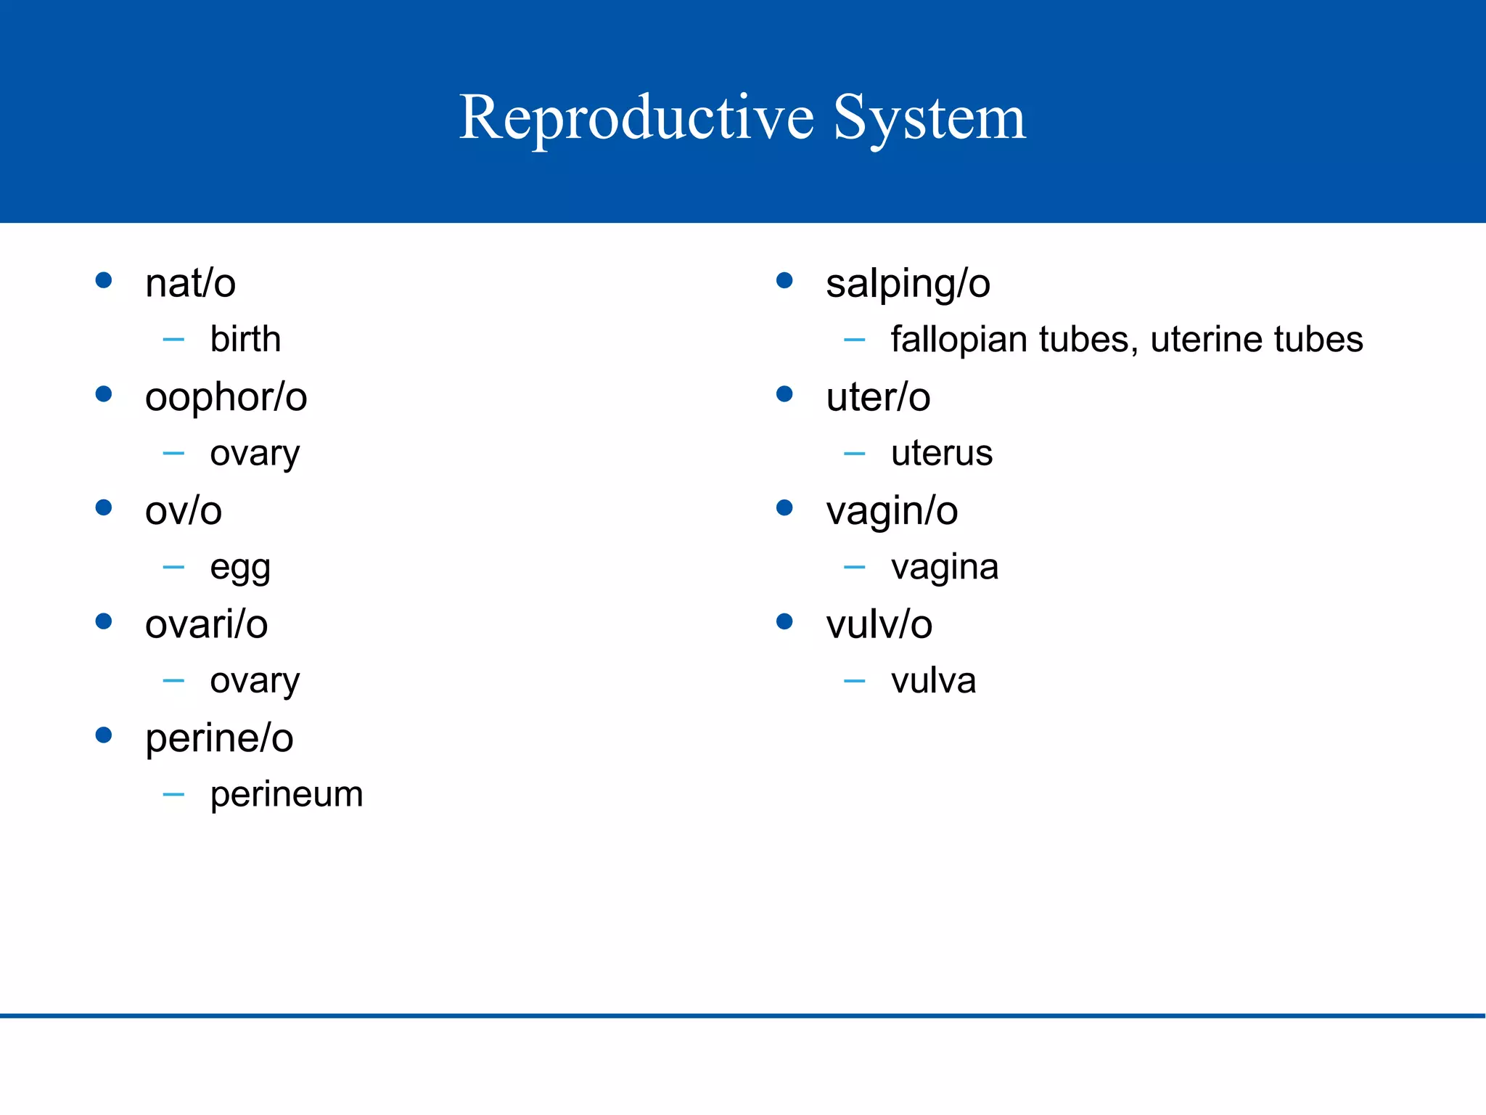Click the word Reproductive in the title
(x=637, y=118)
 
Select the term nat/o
(x=190, y=283)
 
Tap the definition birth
(x=245, y=339)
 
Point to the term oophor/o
(x=226, y=397)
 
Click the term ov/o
(x=183, y=511)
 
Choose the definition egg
(x=240, y=568)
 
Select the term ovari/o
(x=206, y=624)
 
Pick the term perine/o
(x=219, y=738)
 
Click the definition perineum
(x=287, y=794)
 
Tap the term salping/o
(x=908, y=283)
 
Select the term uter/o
(x=878, y=397)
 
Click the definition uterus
(x=942, y=454)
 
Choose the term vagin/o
(x=892, y=511)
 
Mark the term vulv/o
(x=879, y=624)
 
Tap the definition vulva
(x=933, y=681)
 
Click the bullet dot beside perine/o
(x=104, y=735)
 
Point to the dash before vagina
(x=855, y=567)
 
